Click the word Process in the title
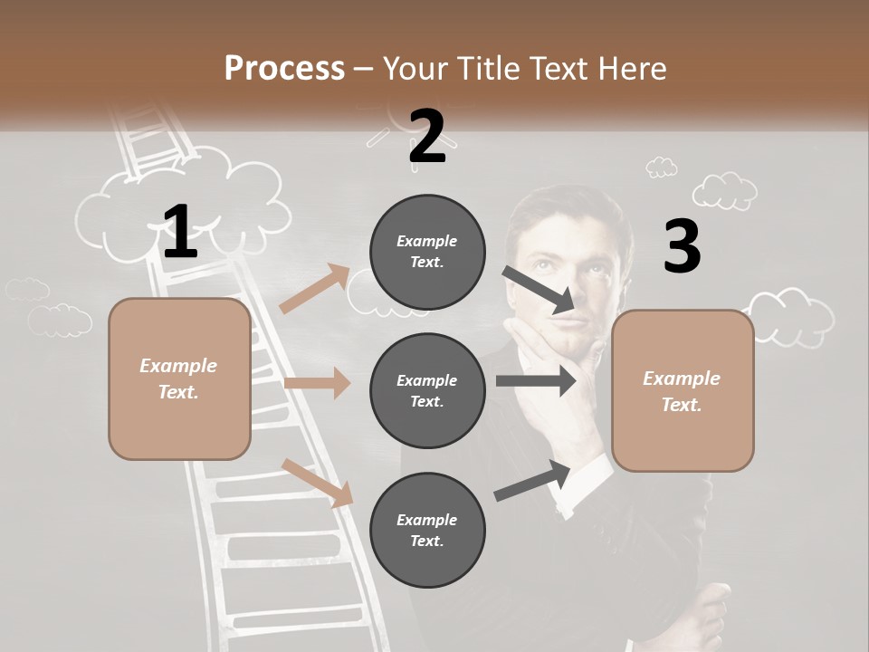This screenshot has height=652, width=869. [x=284, y=69]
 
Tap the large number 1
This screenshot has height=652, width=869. [x=179, y=231]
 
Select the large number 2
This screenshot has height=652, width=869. [x=427, y=137]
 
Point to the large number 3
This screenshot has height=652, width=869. [x=682, y=247]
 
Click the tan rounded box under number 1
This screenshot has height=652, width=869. [x=179, y=379]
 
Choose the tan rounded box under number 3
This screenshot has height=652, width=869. [x=683, y=391]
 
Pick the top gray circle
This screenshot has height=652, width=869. [x=427, y=252]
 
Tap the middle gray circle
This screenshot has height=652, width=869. [x=427, y=391]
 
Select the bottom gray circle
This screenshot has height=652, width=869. [x=427, y=531]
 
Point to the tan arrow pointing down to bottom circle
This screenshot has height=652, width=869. [x=318, y=482]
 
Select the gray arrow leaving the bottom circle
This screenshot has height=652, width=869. [x=532, y=480]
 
